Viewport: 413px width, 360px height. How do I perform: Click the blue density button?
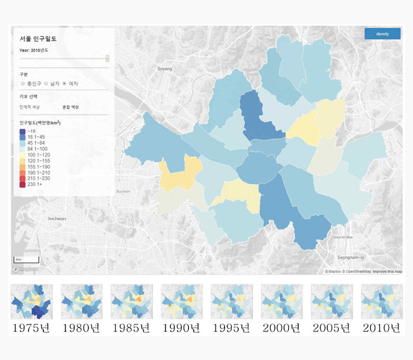click(382, 34)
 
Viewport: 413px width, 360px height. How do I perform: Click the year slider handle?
click(107, 58)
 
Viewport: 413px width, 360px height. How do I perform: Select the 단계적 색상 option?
click(30, 107)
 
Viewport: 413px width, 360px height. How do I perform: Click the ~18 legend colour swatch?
click(22, 131)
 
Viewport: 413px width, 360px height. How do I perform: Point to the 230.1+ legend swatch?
click(22, 184)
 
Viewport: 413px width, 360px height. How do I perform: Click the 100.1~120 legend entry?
click(37, 155)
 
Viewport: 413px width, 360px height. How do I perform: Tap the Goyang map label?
click(165, 69)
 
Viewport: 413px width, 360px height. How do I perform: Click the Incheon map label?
click(57, 218)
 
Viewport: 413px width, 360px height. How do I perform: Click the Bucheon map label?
click(123, 192)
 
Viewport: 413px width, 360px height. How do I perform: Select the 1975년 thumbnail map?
click(31, 302)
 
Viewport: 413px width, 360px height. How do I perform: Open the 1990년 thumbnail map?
click(181, 302)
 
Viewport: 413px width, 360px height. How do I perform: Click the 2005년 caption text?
click(331, 328)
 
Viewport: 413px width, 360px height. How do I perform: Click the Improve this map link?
click(387, 272)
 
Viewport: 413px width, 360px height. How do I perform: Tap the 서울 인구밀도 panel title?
click(38, 39)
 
